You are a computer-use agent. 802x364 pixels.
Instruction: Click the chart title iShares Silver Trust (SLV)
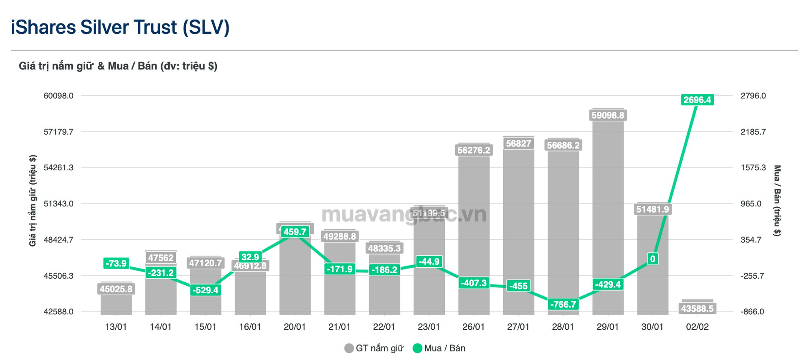coord(120,28)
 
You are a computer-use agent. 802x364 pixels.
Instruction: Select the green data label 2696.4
coord(697,100)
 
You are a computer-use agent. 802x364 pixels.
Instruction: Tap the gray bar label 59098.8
coord(608,115)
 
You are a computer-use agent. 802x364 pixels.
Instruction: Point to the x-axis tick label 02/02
coord(697,327)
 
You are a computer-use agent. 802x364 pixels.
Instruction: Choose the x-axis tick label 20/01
coord(294,327)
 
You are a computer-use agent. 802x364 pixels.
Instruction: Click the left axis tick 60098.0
coord(58,96)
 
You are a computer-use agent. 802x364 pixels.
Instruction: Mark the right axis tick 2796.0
coord(753,96)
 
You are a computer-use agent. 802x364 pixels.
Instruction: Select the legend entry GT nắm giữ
coord(374,348)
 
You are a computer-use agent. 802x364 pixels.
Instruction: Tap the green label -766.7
coord(563,304)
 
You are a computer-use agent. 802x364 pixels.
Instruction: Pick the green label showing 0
coord(652,259)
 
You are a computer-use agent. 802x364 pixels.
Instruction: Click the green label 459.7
coord(295,231)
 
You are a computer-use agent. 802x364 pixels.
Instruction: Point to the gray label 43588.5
coord(697,309)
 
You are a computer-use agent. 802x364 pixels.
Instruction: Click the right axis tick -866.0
coord(752,312)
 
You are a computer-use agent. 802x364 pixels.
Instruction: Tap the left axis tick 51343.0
coord(58,204)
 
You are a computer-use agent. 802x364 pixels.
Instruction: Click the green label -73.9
coord(116,263)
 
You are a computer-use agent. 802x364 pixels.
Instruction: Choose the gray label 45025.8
coord(116,289)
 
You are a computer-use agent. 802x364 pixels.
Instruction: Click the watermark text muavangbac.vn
coord(404,215)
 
